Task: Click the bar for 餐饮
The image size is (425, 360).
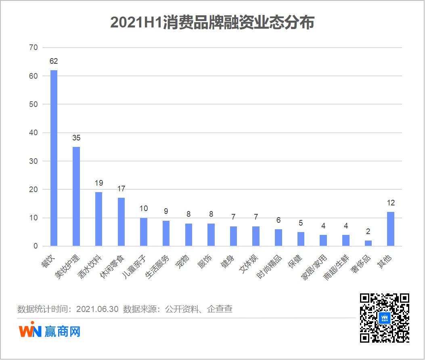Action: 54,158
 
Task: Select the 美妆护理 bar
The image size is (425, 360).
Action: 76,196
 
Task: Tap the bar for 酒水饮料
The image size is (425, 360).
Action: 98,219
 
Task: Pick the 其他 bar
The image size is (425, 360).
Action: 391,229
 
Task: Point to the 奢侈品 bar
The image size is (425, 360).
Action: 368,243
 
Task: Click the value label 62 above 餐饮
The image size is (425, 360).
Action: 54,61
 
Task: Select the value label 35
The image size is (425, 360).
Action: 76,138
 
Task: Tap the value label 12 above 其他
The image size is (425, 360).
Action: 391,203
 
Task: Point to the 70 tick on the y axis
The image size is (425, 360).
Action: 33,48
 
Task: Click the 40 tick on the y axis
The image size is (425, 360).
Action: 33,133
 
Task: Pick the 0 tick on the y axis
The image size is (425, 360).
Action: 36,246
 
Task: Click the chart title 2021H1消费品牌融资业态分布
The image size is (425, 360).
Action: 212,23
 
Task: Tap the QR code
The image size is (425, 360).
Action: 384,318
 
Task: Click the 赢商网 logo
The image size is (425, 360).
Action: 50,331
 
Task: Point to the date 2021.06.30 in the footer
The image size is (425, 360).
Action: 97,310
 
